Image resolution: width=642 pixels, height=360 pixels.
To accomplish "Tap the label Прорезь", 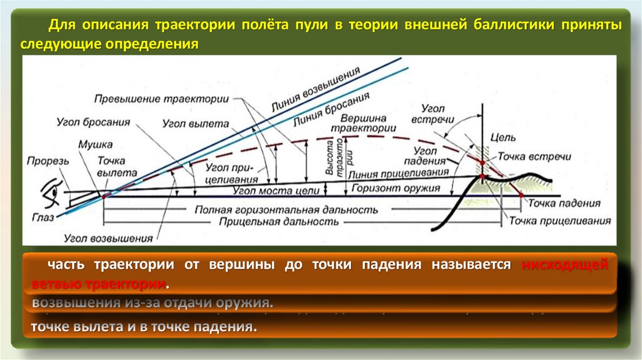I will (x=48, y=161).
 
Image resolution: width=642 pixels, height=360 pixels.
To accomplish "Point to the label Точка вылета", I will (x=117, y=166).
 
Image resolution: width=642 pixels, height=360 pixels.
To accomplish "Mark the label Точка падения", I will (x=564, y=203).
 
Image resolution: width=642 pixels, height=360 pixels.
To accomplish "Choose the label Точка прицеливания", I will (x=559, y=221).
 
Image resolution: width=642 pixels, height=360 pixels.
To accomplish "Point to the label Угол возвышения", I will (x=108, y=238).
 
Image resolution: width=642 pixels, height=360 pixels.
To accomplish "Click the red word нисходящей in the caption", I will (x=565, y=265).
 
